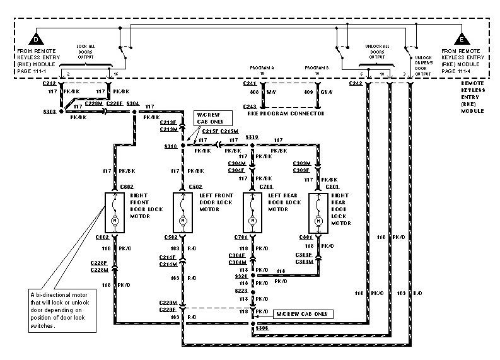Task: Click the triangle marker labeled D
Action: point(35,38)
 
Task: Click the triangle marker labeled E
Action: point(462,38)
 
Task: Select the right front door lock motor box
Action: point(115,211)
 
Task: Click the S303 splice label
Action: point(50,111)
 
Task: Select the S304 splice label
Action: point(133,103)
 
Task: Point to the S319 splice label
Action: point(252,136)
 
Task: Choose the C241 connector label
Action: point(250,83)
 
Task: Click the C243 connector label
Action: point(250,107)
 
